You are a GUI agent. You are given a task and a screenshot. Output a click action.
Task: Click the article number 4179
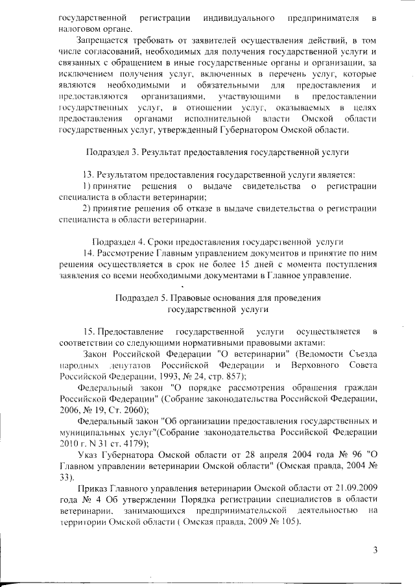[x=134, y=444]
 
